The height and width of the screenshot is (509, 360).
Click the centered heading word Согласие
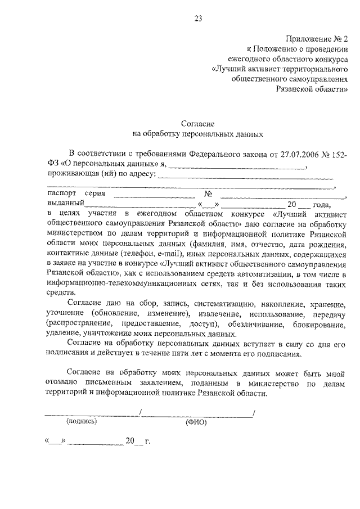[197, 123]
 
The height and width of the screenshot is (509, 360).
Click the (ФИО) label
[196, 420]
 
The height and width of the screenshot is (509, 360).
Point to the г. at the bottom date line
[147, 442]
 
